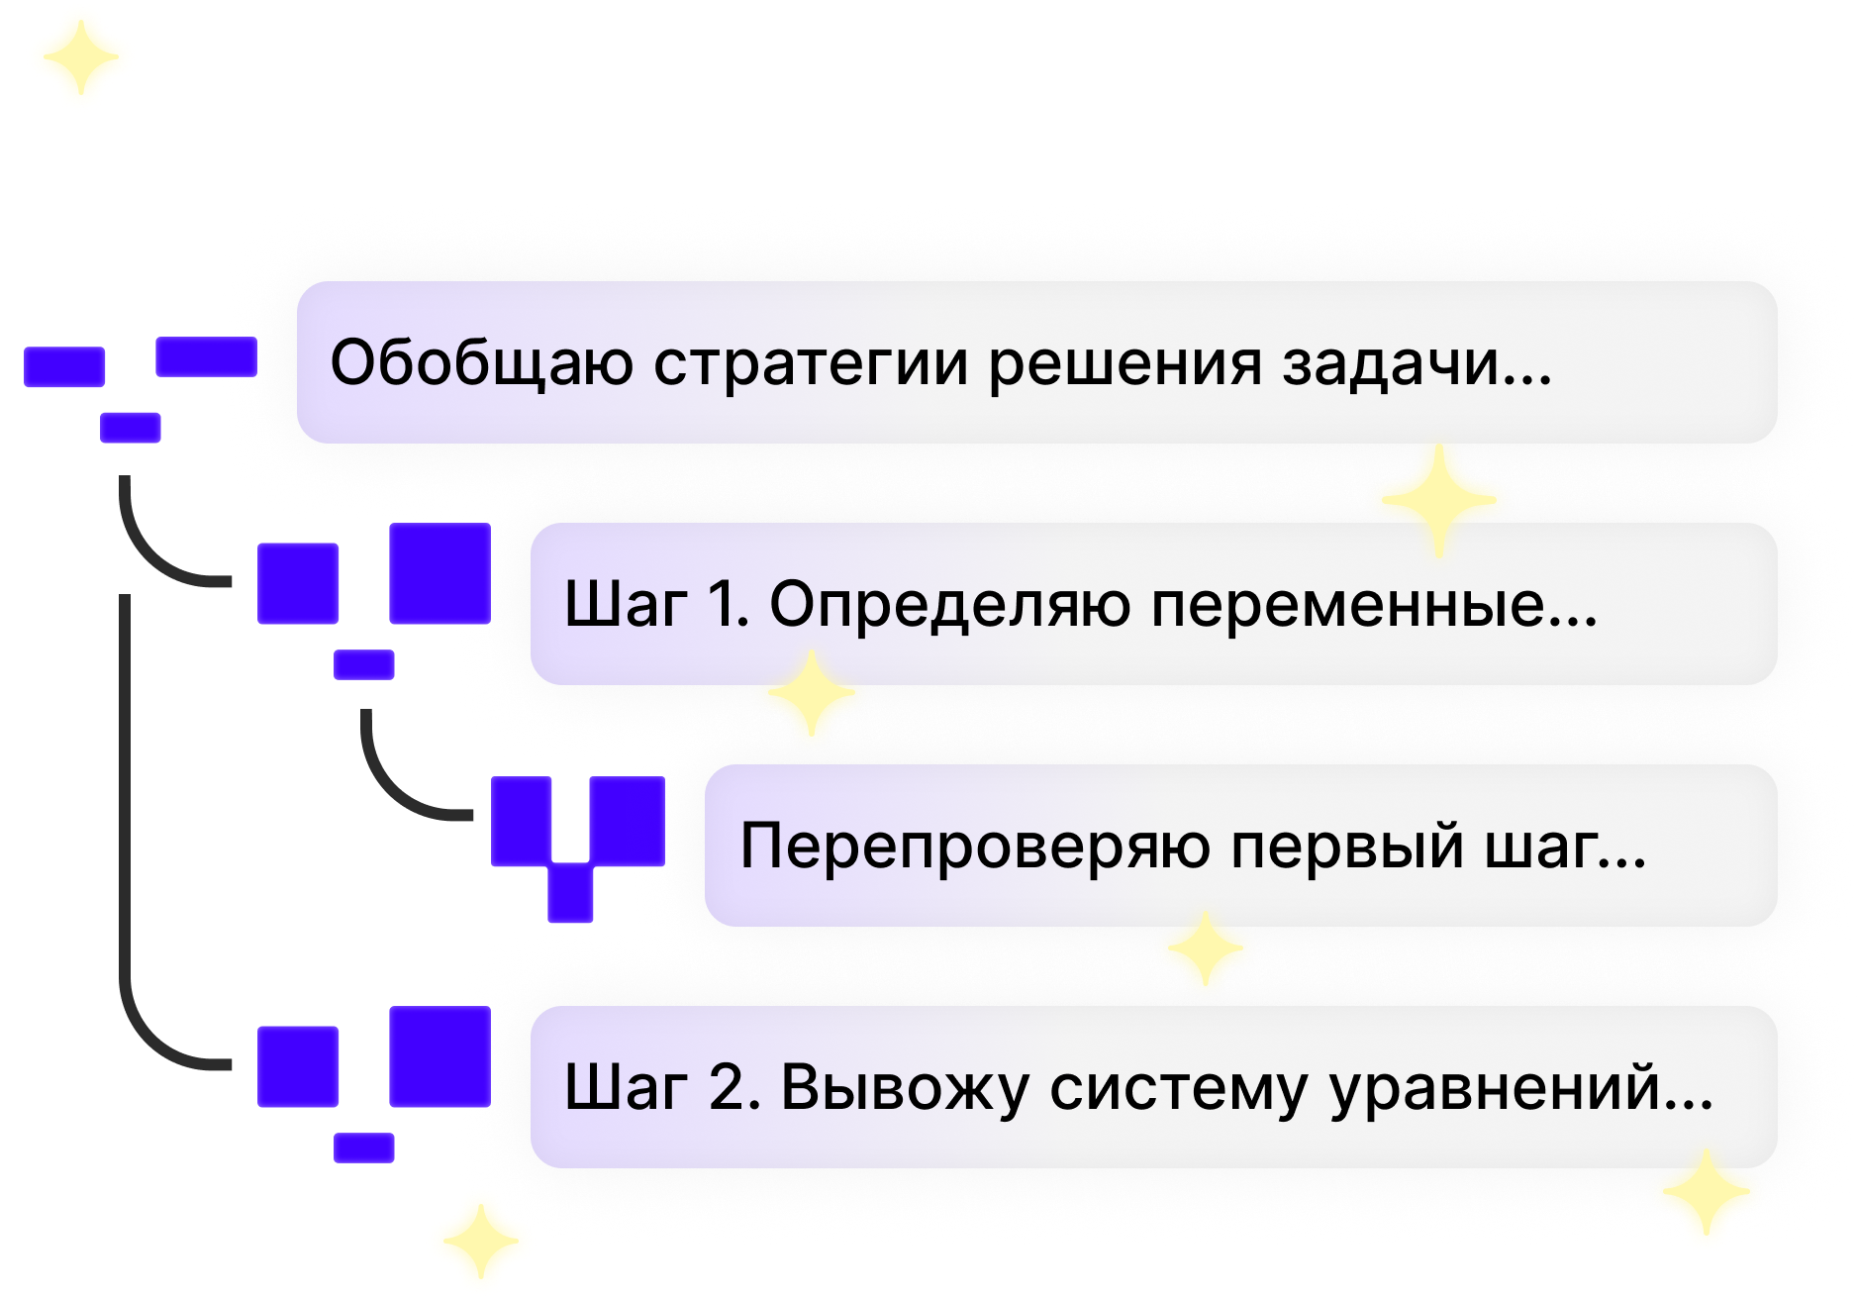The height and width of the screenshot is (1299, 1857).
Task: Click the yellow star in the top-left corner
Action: point(79,57)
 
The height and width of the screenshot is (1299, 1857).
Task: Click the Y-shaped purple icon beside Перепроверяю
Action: point(577,842)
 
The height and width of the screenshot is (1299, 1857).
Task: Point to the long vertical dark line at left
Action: point(124,772)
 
